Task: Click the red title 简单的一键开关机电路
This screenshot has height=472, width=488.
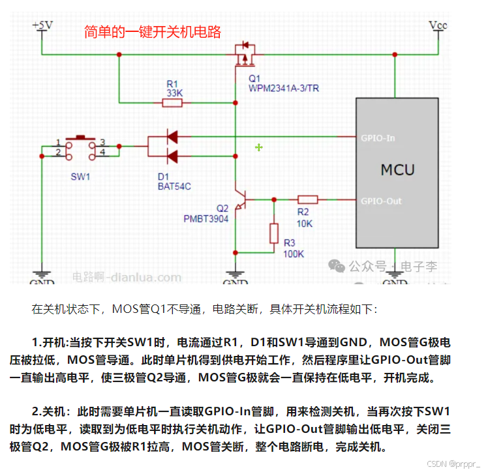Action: pos(152,32)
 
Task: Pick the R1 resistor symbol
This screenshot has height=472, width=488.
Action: pos(172,102)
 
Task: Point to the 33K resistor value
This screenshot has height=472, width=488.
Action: pos(174,93)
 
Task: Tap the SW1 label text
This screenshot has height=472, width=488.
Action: pos(80,177)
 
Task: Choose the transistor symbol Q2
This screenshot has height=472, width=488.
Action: pos(241,199)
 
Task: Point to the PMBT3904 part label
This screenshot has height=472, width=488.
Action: pos(206,219)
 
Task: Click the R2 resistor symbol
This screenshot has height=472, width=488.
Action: pos(307,199)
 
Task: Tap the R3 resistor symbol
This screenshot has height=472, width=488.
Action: pos(274,233)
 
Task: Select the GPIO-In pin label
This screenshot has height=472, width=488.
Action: pos(378,138)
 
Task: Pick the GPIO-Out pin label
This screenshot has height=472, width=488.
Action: pos(381,201)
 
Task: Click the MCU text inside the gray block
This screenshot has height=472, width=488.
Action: pos(397,170)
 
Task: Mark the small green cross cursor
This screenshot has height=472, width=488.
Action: pos(259,148)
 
